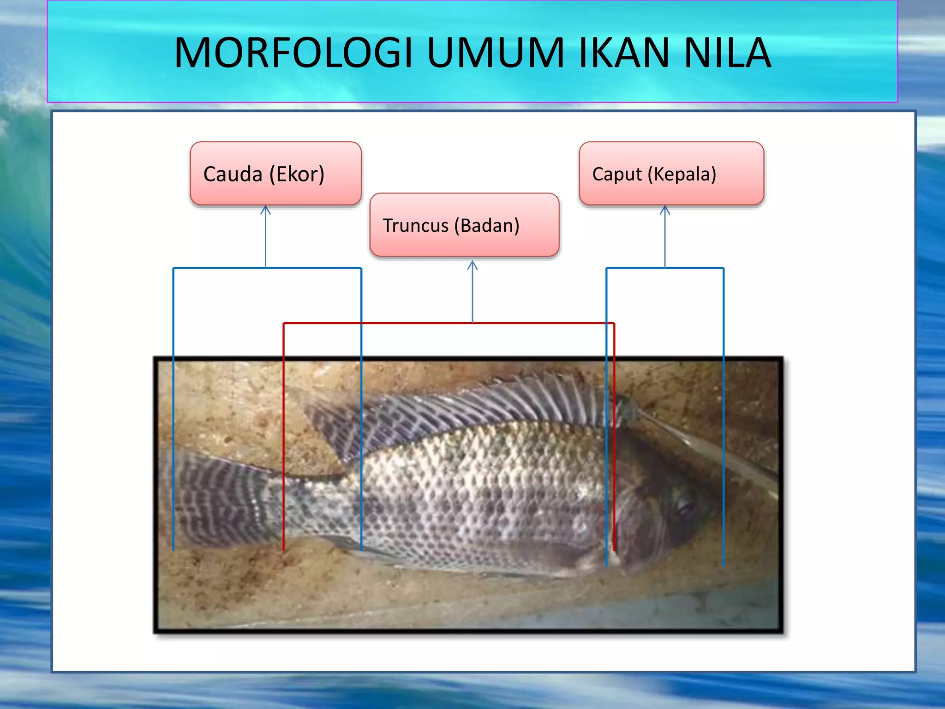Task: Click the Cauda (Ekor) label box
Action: (275, 174)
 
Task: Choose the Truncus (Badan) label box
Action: (464, 225)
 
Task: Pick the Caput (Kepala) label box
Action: (671, 174)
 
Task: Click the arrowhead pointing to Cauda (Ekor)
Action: (265, 210)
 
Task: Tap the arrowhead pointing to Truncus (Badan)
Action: (472, 264)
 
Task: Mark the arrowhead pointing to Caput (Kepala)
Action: (665, 210)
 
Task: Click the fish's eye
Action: (684, 505)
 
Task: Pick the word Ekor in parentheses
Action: (297, 174)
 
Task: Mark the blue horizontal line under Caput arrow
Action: (692, 268)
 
